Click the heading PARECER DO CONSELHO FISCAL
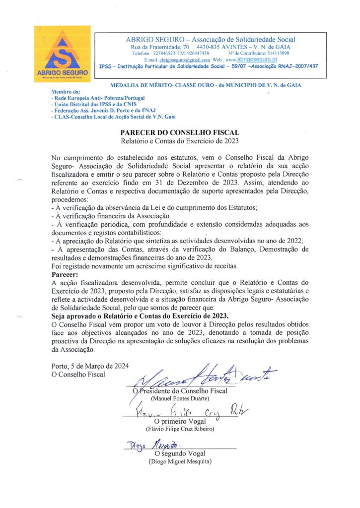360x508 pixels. tap(180, 132)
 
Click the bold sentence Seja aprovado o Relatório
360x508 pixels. tap(140, 316)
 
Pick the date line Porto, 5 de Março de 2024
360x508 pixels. tap(90, 366)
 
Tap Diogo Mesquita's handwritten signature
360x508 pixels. tap(149, 445)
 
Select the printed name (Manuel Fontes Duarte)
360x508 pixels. tap(180, 398)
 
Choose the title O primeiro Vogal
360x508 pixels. tap(179, 421)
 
